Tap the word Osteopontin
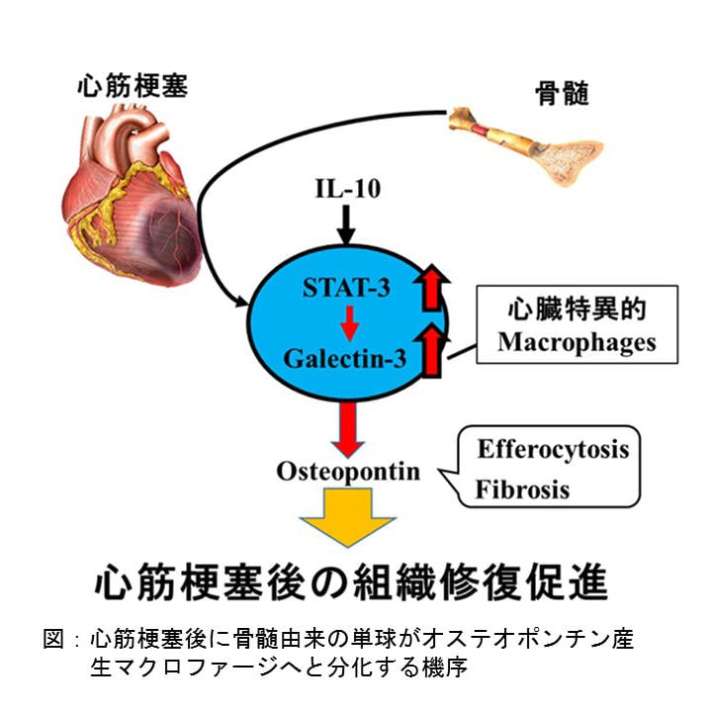tap(347, 471)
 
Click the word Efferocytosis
tap(553, 449)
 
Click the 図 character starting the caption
tap(55, 639)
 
